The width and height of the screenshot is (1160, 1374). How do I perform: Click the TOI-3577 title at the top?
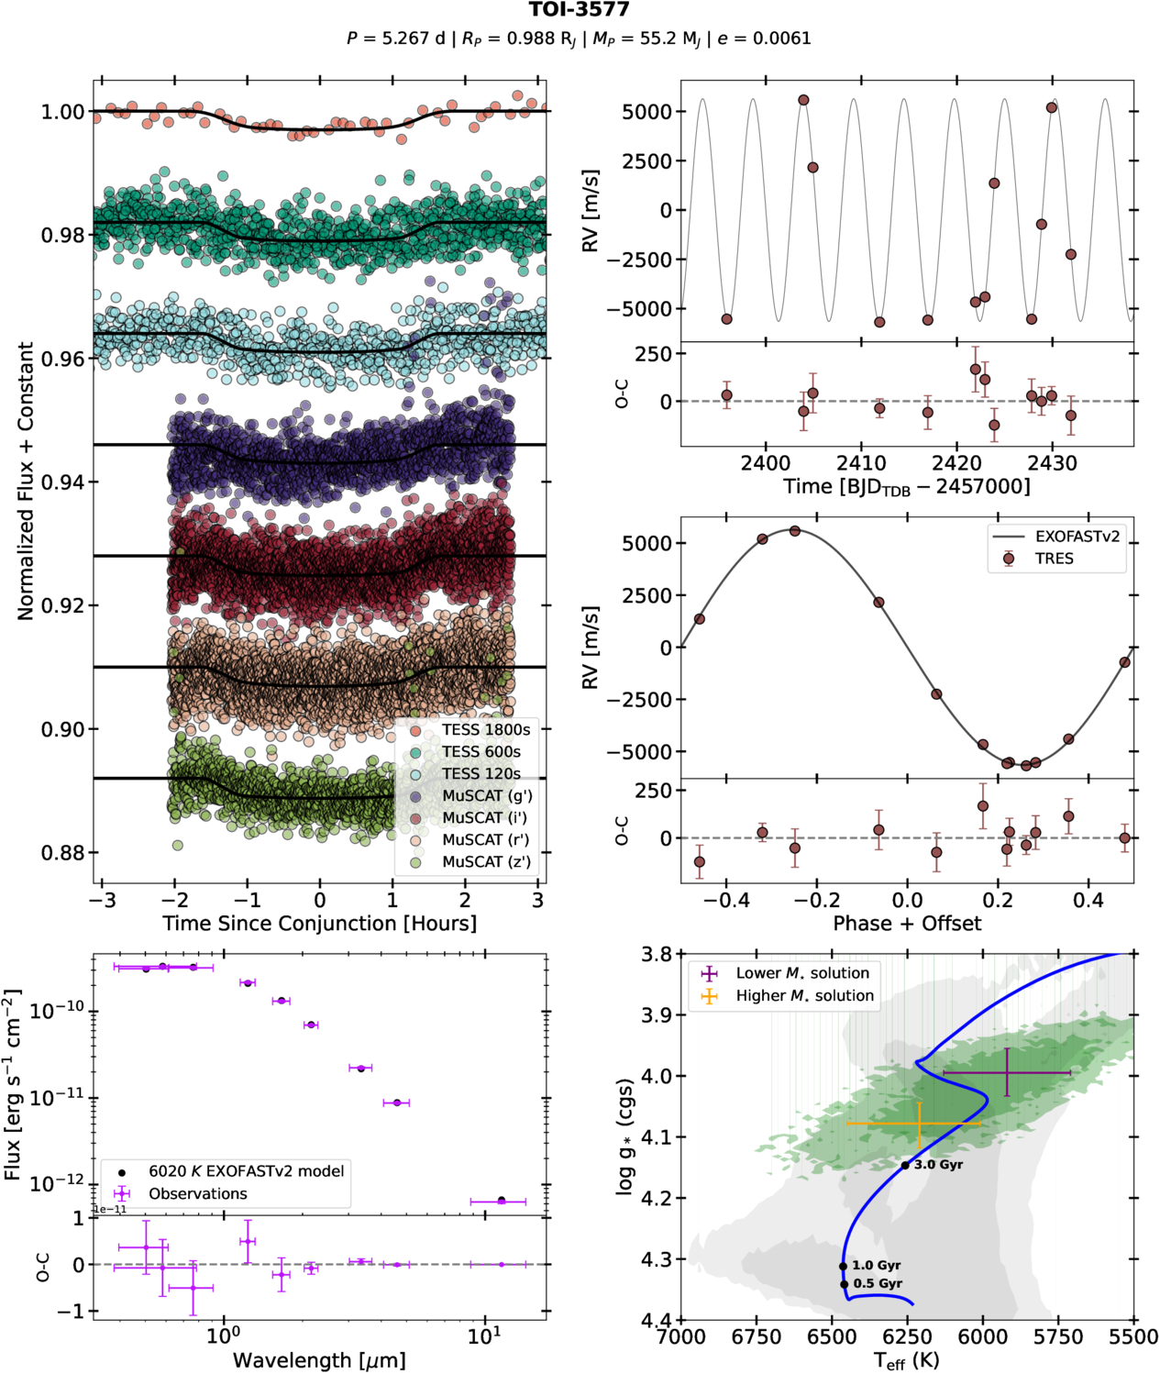579,10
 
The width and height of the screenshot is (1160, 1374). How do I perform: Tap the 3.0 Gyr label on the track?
938,1165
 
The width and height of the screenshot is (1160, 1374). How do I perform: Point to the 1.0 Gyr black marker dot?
843,1266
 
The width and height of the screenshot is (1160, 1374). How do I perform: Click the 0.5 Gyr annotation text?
878,1283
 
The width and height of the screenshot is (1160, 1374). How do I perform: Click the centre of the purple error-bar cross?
1007,1072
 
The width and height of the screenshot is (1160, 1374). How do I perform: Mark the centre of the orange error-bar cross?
919,1123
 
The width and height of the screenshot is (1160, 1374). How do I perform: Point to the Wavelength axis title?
319,1359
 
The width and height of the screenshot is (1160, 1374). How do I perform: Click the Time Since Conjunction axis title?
319,923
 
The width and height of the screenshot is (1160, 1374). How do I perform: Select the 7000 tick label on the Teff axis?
681,1337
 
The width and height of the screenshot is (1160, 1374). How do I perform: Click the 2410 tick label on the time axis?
861,463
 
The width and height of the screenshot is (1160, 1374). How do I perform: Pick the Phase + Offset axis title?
907,923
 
